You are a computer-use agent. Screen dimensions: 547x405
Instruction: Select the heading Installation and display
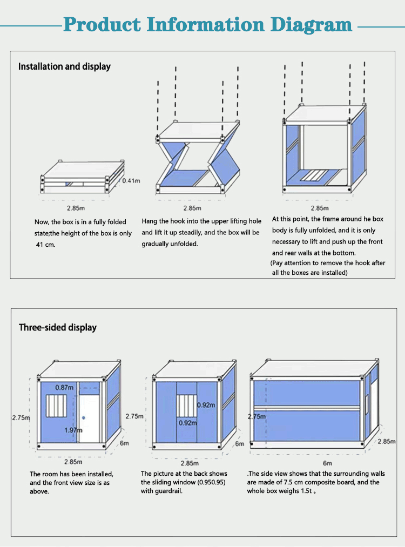tap(64, 66)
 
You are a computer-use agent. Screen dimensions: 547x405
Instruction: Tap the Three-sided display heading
tap(58, 327)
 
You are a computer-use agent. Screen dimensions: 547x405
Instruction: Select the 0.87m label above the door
tap(65, 387)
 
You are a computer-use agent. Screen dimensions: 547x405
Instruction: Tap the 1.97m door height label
tap(72, 430)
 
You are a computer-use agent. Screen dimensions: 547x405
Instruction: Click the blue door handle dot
tap(83, 418)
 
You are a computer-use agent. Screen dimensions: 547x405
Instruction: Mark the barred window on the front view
tap(55, 406)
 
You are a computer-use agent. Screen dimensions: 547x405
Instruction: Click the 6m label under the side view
tap(327, 463)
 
